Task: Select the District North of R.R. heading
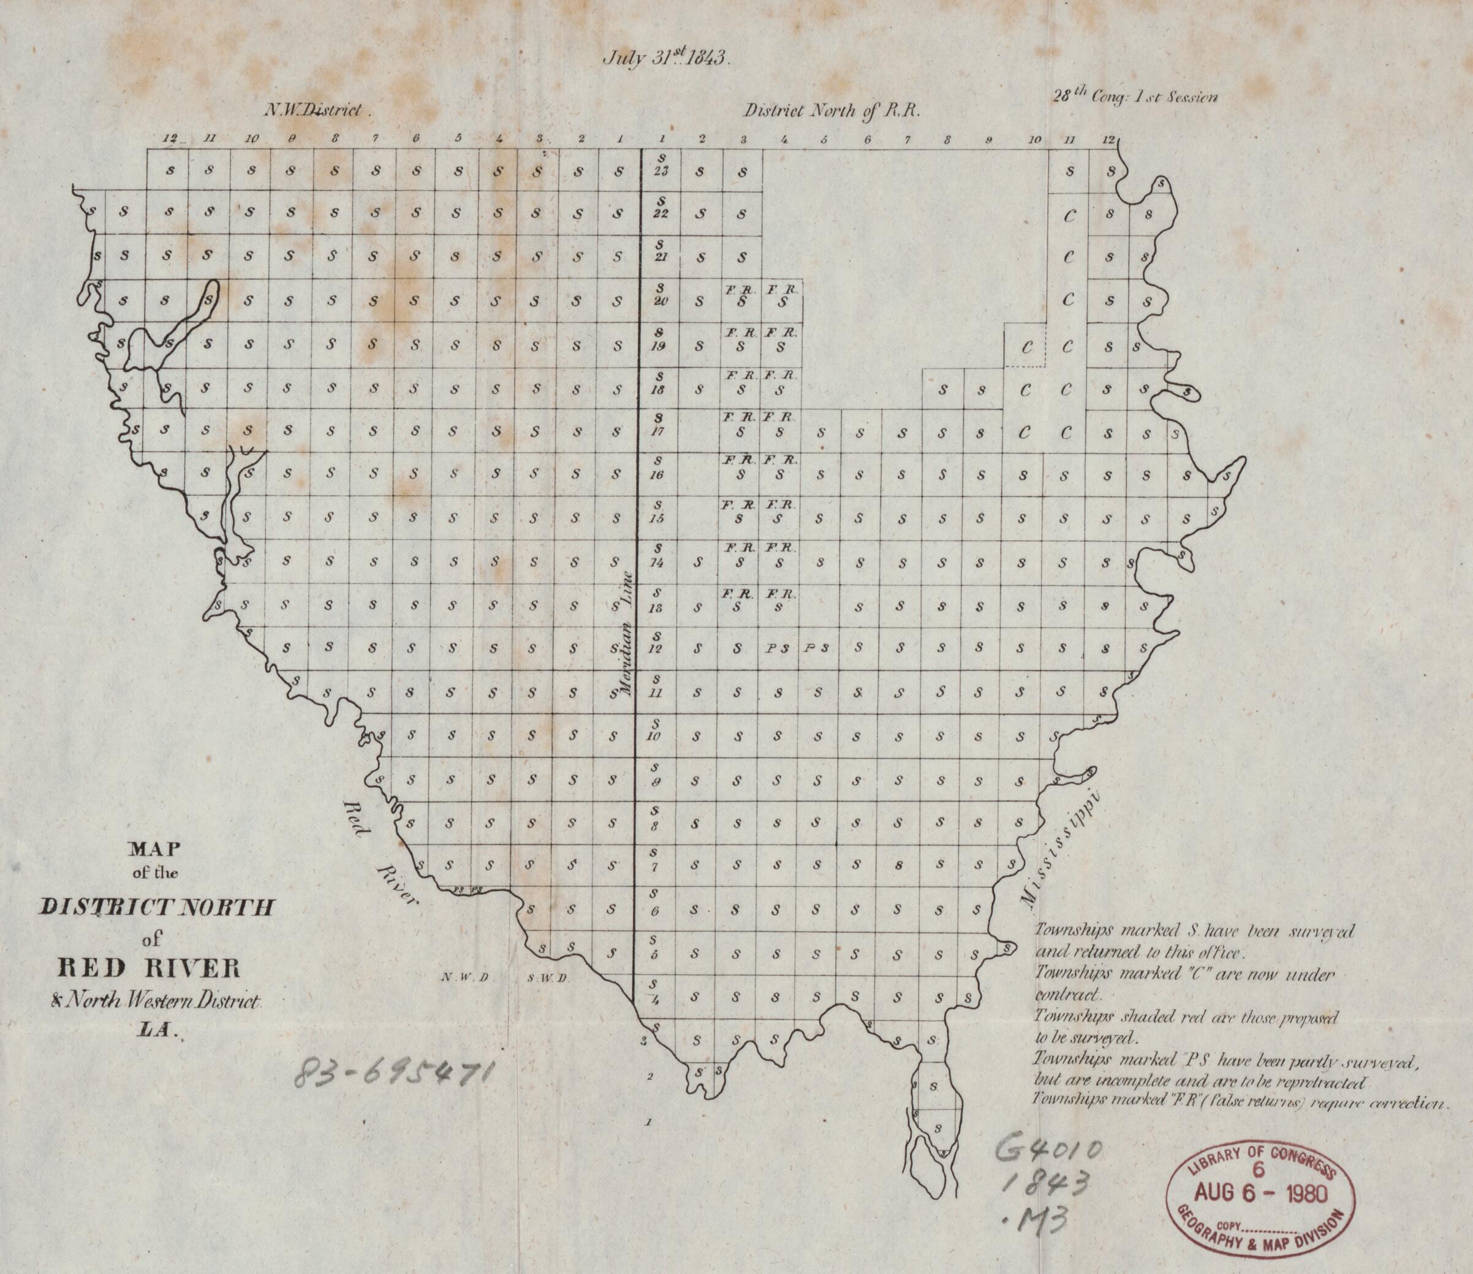(831, 111)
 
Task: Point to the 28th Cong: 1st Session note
(1135, 97)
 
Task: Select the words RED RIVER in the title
(150, 969)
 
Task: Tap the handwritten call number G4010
(1051, 1153)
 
